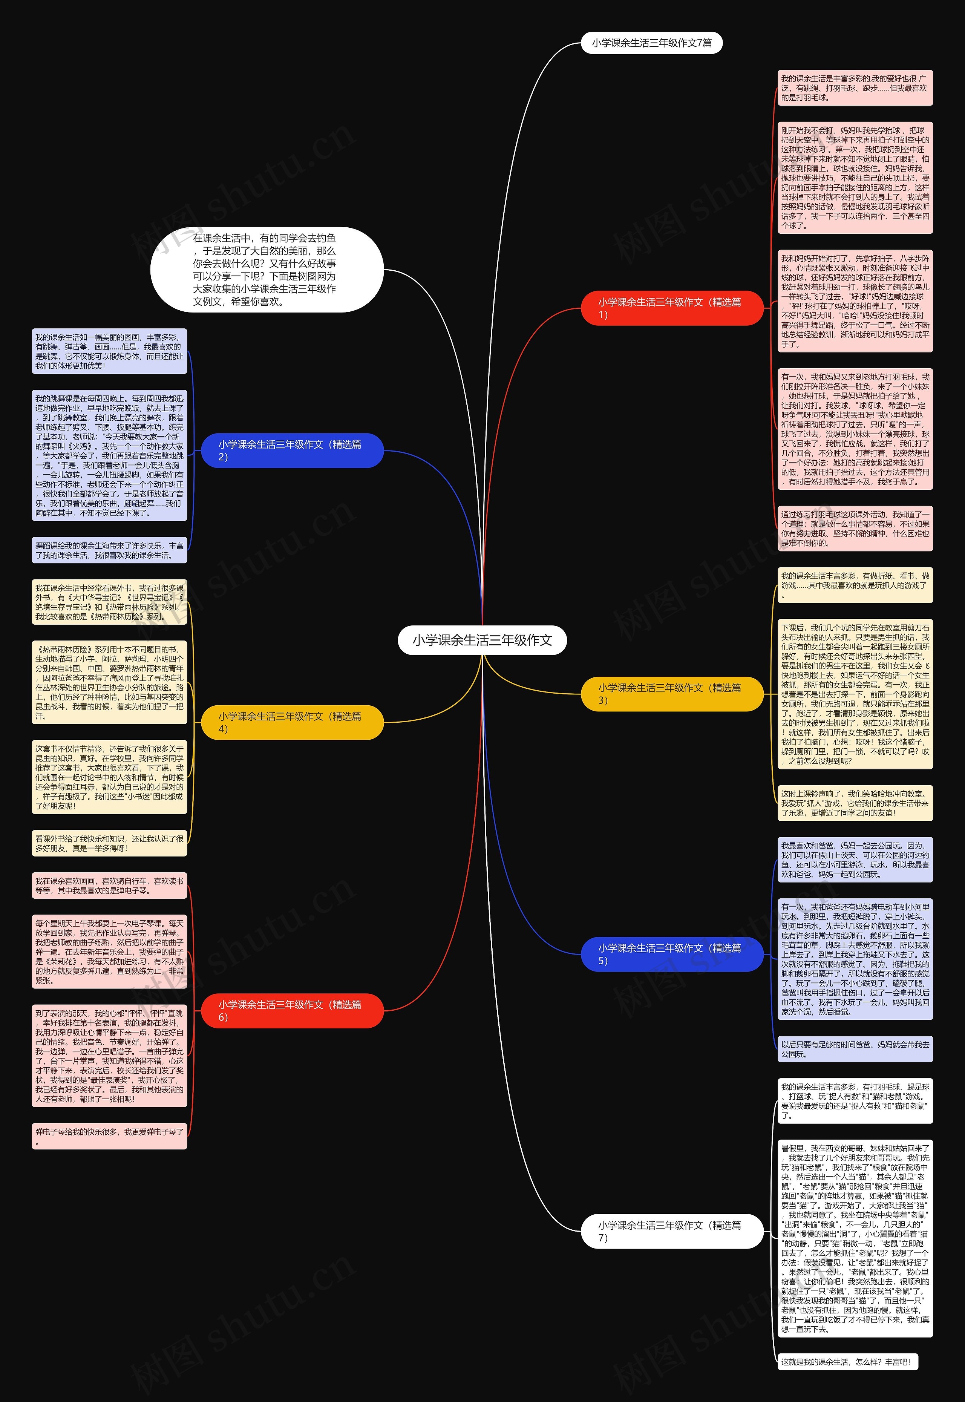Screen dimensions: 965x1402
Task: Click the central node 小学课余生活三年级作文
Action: [482, 640]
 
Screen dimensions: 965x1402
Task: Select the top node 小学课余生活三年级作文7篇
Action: [651, 43]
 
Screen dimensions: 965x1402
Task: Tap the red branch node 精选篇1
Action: [671, 308]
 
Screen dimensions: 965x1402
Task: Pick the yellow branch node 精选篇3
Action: [671, 693]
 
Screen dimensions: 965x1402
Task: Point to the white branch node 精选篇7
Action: [671, 1231]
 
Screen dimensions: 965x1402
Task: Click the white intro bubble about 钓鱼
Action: [267, 270]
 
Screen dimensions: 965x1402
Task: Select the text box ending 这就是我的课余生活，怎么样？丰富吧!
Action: [847, 1362]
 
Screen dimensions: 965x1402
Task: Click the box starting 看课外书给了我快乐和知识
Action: [109, 843]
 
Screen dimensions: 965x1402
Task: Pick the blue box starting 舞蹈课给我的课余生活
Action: [109, 550]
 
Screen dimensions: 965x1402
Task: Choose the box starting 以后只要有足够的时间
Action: [854, 1049]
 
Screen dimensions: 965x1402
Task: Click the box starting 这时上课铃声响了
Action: [854, 803]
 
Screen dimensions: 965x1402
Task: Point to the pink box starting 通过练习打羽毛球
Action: [854, 529]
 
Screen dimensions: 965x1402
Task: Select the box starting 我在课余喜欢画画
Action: [109, 886]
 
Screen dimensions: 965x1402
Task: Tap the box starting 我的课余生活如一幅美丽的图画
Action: [109, 351]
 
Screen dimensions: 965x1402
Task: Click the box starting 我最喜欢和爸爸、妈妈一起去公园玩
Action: [854, 860]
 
